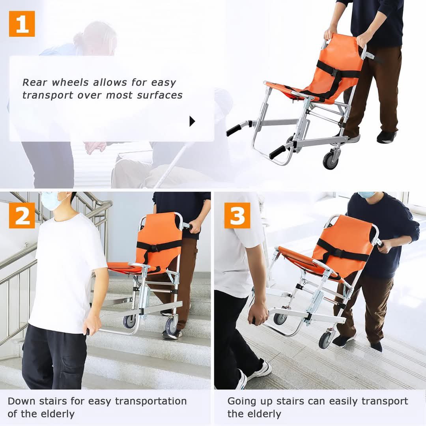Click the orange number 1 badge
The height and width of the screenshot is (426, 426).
(22, 24)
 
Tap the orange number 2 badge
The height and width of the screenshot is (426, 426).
(22, 215)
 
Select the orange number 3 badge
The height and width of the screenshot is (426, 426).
(237, 215)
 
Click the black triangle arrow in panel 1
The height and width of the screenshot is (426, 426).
(192, 121)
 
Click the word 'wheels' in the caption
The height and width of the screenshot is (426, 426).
(70, 82)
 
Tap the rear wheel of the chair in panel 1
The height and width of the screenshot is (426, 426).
(331, 161)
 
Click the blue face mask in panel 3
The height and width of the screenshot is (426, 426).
(366, 194)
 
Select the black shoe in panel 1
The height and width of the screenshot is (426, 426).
(386, 137)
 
